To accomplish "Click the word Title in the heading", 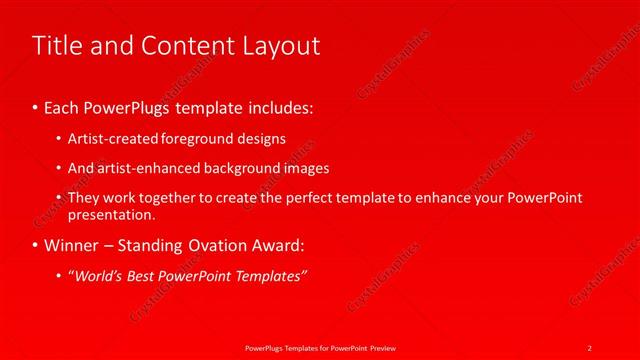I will coord(56,46).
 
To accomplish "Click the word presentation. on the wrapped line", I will coord(112,214).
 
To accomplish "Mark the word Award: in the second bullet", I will coord(281,244).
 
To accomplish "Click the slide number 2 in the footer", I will coord(590,347).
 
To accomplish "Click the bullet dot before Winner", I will coord(37,245).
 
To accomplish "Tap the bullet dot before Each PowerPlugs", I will coord(37,106).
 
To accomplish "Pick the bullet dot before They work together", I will coord(59,198).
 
